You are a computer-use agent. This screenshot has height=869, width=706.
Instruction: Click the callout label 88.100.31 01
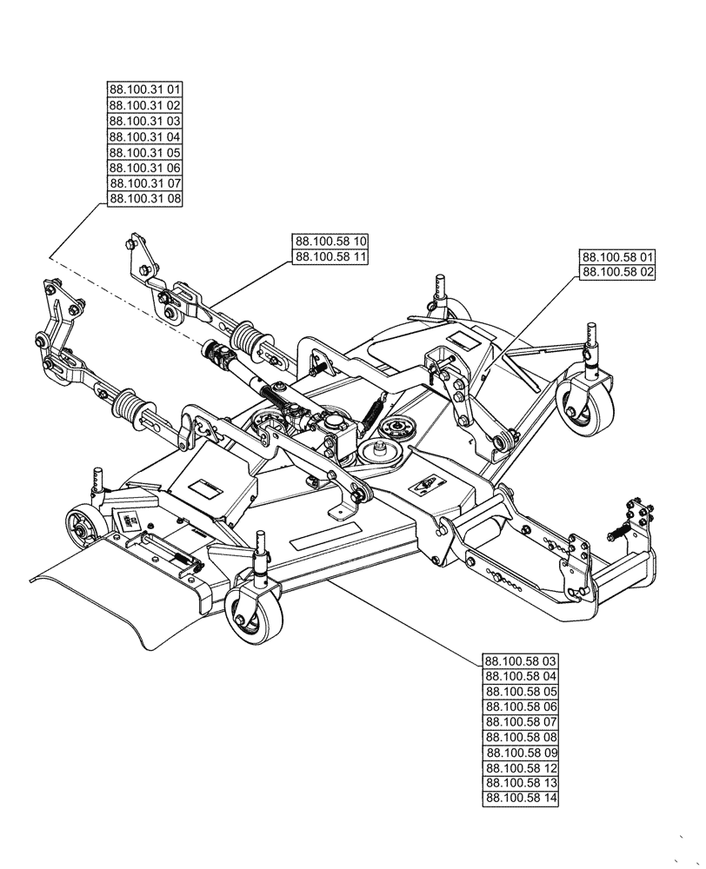[x=145, y=90]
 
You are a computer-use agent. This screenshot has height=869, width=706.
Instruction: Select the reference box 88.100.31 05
[x=145, y=152]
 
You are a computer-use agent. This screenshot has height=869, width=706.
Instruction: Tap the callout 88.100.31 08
[x=145, y=199]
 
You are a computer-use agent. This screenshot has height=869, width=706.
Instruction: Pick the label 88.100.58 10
[x=330, y=241]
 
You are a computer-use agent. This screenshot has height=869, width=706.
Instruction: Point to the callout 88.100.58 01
[x=617, y=257]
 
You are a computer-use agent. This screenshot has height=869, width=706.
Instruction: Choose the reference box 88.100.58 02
[x=617, y=273]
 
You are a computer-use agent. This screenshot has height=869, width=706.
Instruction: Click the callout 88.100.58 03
[x=520, y=660]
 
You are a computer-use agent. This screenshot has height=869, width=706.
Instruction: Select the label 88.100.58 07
[x=520, y=722]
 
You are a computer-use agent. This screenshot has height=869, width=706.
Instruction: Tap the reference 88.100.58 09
[x=520, y=753]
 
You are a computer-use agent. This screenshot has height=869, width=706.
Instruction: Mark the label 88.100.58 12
[x=520, y=768]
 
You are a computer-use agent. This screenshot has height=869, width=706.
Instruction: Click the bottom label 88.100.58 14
[x=520, y=799]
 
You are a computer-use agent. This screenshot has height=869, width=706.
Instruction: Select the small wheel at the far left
[x=82, y=526]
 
